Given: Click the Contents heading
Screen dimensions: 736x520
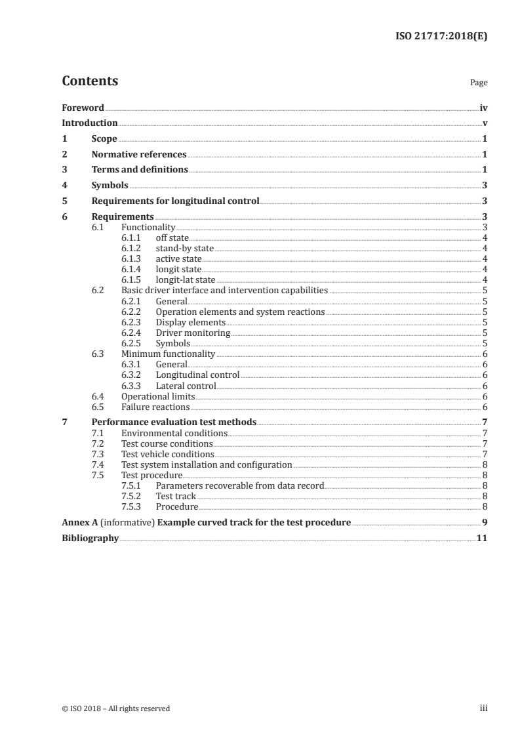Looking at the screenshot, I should [90, 81].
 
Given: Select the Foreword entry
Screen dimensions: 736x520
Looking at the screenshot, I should [83, 108].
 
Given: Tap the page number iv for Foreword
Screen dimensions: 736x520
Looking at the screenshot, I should [483, 108].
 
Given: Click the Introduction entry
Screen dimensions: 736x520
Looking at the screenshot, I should [89, 123].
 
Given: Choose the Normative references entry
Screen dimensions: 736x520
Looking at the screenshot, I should [139, 155].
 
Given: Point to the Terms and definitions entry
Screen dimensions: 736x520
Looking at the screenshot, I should [140, 170].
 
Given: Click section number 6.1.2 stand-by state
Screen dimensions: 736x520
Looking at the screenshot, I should [132, 249].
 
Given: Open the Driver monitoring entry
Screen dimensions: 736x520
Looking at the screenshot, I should [193, 333].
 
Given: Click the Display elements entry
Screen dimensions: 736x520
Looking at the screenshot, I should [190, 323].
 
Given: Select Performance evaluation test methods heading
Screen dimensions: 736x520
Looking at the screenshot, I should [174, 422].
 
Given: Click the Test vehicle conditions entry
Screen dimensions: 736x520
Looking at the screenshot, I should [168, 454].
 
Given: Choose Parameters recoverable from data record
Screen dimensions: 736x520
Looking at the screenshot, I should [239, 485].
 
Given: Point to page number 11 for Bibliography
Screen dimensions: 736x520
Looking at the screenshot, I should [482, 539].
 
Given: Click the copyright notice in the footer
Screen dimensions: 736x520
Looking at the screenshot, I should [115, 708].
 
